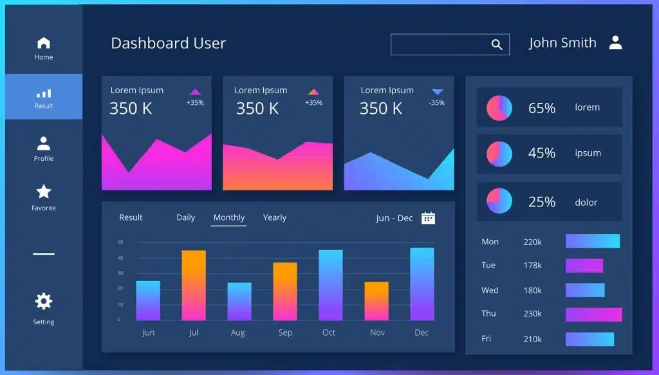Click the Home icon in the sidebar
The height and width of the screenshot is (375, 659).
pyautogui.click(x=44, y=43)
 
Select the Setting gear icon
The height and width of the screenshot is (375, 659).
pyautogui.click(x=44, y=301)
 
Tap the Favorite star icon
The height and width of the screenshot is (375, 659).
pyautogui.click(x=44, y=192)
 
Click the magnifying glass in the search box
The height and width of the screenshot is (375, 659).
pyautogui.click(x=497, y=44)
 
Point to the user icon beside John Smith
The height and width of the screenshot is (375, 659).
pyautogui.click(x=616, y=42)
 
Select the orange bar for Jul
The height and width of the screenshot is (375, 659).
pyautogui.click(x=194, y=285)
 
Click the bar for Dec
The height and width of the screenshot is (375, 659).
pyautogui.click(x=422, y=284)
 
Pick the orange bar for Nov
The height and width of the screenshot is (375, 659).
pyautogui.click(x=376, y=301)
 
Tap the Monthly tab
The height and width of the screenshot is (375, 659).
pyautogui.click(x=229, y=217)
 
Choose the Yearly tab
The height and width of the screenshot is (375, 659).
pyautogui.click(x=275, y=217)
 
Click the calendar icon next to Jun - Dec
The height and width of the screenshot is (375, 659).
pyautogui.click(x=428, y=218)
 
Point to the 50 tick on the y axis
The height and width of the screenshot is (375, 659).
pyautogui.click(x=120, y=242)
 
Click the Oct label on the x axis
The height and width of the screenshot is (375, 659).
pyautogui.click(x=329, y=333)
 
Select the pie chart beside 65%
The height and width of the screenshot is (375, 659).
pyautogui.click(x=499, y=108)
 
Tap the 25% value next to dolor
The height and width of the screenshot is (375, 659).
pyautogui.click(x=542, y=202)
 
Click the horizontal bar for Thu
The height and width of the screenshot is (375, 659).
pyautogui.click(x=594, y=315)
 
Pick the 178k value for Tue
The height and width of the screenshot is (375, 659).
pyautogui.click(x=532, y=266)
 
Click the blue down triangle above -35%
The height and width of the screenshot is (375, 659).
pyautogui.click(x=438, y=91)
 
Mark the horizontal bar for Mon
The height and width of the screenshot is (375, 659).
pyautogui.click(x=593, y=241)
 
